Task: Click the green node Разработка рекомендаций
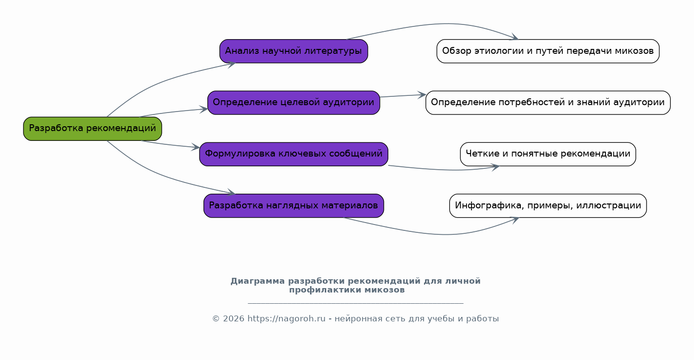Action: (x=92, y=129)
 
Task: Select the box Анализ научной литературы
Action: (x=294, y=51)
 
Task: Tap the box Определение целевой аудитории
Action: (x=294, y=103)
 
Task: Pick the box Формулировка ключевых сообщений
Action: (x=294, y=154)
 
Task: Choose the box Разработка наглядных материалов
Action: (x=294, y=206)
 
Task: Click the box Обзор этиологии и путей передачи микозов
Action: (x=548, y=51)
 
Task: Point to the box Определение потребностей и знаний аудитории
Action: (x=548, y=103)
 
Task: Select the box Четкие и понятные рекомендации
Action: (x=548, y=154)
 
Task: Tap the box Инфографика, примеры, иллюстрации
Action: (x=548, y=206)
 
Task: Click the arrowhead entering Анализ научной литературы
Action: (x=231, y=65)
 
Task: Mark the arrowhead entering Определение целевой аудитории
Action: (x=203, y=110)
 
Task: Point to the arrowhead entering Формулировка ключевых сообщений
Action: (x=196, y=147)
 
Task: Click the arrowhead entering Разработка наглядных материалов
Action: (x=231, y=192)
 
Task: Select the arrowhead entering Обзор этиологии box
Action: (x=515, y=37)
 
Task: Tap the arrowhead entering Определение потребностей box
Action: (x=422, y=95)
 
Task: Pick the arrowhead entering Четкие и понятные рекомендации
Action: (x=495, y=167)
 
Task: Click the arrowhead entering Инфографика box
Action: (x=515, y=220)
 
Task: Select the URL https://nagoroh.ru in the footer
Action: (x=286, y=319)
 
